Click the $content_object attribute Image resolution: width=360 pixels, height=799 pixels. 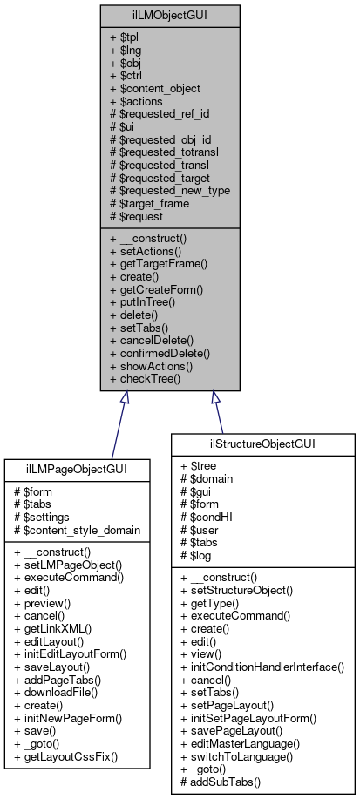pos(156,88)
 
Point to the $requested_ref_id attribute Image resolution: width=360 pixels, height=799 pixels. pos(160,114)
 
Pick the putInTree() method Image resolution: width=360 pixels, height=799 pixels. pos(144,301)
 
